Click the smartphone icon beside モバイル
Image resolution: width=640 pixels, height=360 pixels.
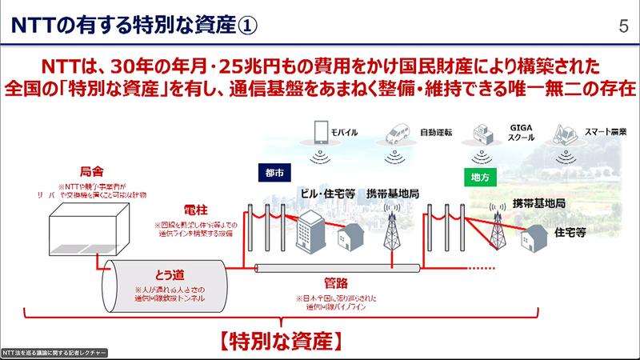(322, 130)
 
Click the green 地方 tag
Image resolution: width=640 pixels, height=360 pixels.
(477, 173)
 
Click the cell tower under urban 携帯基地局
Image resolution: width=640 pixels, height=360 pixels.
(393, 232)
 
